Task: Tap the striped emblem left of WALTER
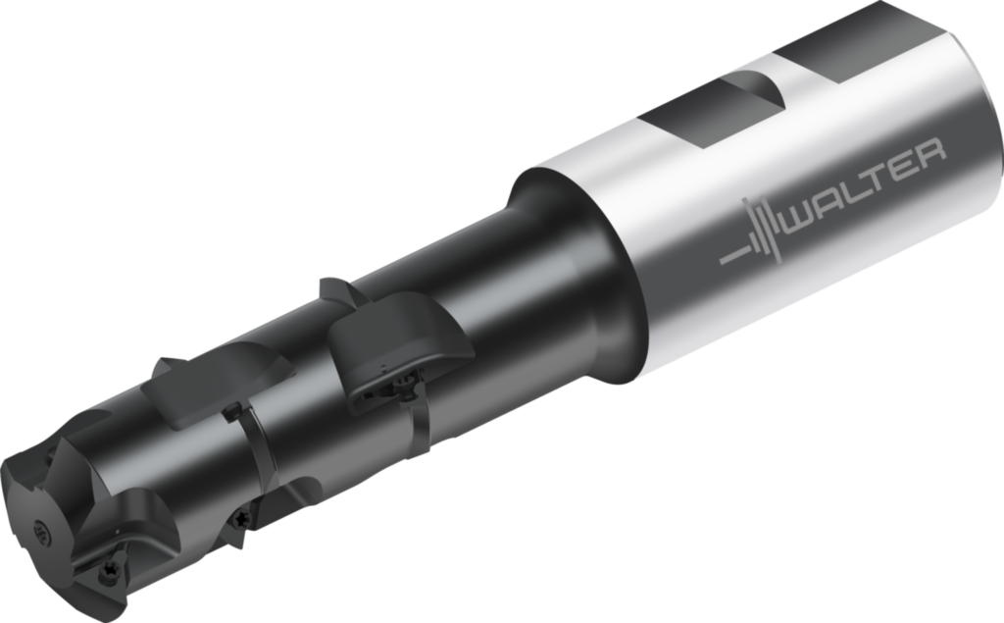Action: coord(752,234)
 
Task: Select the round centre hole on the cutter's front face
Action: coord(42,532)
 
